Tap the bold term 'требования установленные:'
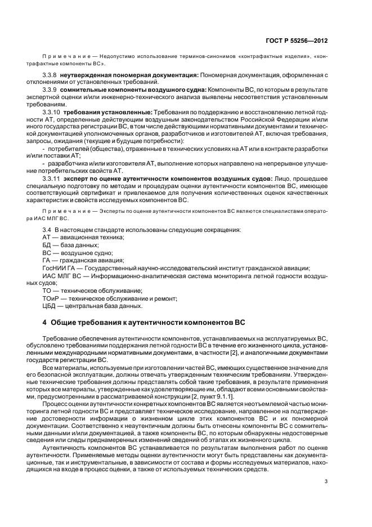pyautogui.click(x=111, y=112)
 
